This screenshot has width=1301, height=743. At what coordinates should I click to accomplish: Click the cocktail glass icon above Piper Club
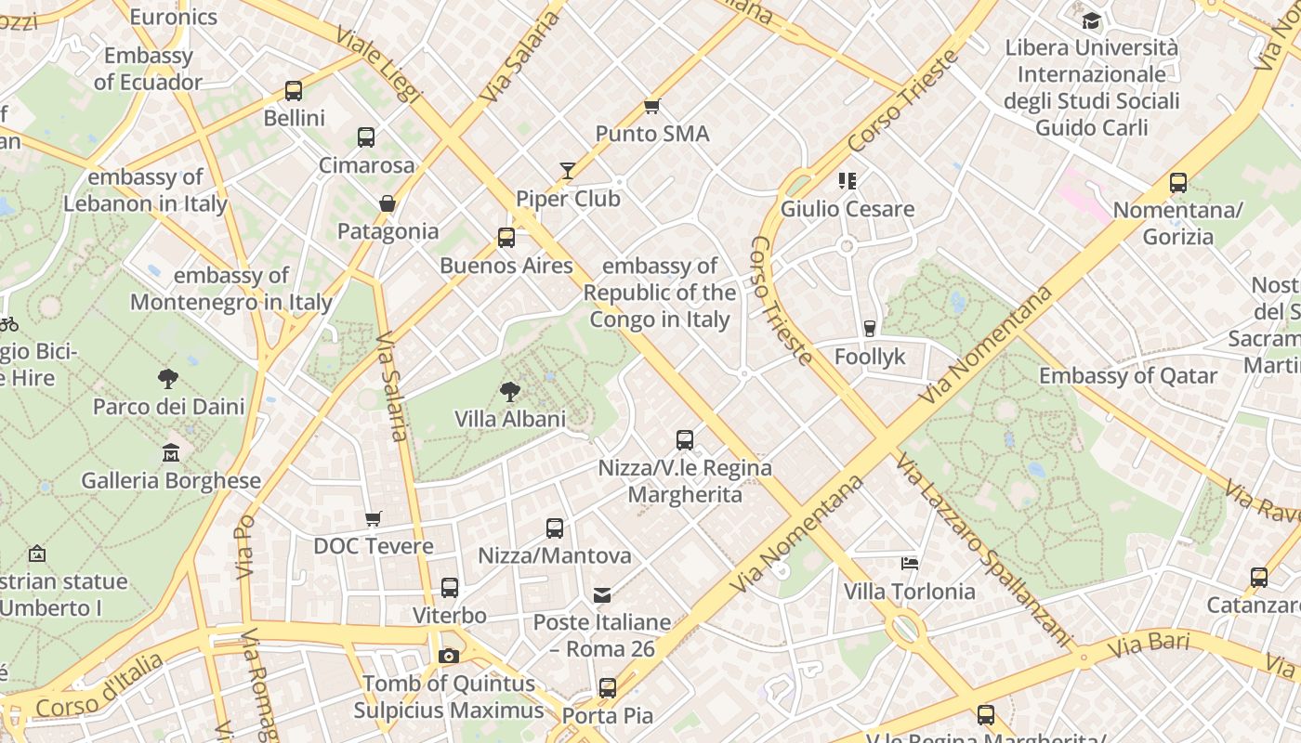coord(567,171)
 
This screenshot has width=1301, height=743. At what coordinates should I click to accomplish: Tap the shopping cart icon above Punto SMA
coord(651,107)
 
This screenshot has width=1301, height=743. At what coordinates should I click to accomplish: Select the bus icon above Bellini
coord(294,91)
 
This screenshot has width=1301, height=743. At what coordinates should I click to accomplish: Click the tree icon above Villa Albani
coord(509,391)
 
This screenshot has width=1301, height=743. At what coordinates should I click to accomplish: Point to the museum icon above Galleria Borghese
coord(171,453)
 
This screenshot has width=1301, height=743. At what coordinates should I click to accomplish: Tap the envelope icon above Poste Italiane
coord(602,594)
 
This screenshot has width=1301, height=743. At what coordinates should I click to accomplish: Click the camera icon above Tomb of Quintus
coord(449,657)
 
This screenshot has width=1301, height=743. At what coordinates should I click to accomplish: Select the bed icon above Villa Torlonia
coord(910,563)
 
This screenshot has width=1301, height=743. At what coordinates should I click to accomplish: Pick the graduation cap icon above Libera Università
coord(1091,20)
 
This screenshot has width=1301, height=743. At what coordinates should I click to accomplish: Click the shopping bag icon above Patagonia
coord(388,203)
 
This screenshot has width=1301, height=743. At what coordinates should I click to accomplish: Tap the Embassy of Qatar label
coord(1127,376)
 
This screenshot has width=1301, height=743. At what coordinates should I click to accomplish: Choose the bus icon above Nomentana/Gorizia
coord(1177,183)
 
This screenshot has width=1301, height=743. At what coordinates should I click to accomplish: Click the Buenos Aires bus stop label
coord(506,266)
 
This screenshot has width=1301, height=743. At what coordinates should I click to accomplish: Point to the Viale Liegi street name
coord(378,65)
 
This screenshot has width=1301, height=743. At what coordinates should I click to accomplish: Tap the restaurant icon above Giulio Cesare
coord(847,181)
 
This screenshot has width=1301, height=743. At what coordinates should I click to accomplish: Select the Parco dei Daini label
coord(169,407)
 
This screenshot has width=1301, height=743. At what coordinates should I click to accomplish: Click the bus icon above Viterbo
coord(450,588)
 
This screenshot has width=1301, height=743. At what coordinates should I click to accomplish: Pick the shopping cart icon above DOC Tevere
coord(373,518)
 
